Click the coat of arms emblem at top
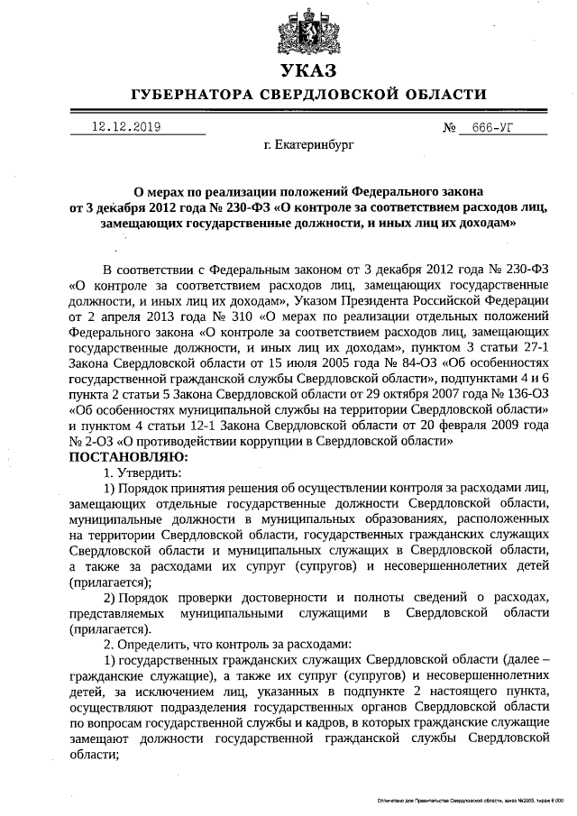point(306,30)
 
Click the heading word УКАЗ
point(307,71)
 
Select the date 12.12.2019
point(125,127)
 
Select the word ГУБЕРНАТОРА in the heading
point(188,95)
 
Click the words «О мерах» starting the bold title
point(159,191)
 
